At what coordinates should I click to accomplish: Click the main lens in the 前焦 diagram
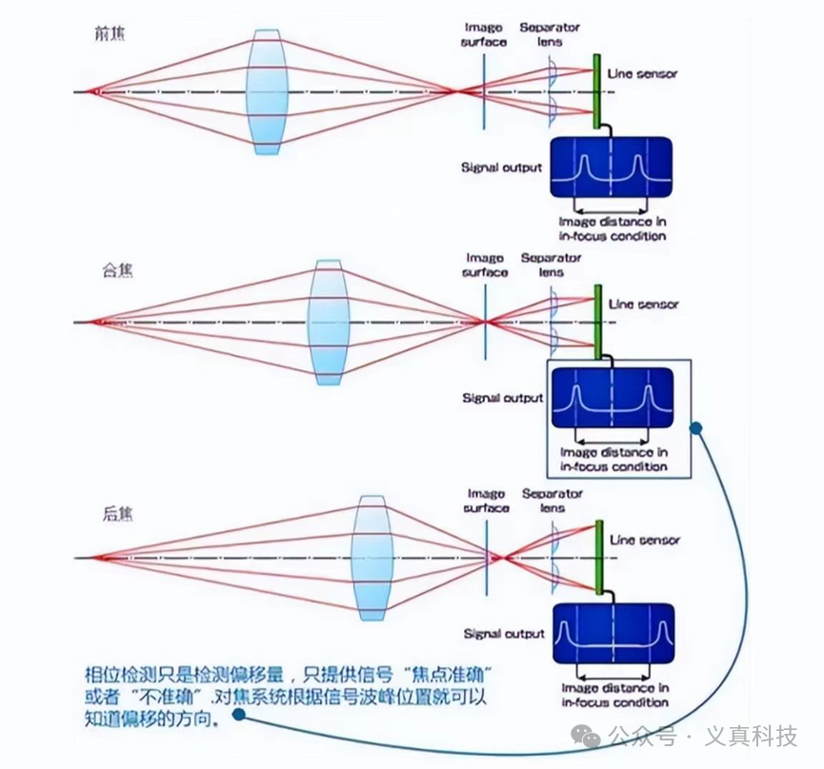pyautogui.click(x=267, y=91)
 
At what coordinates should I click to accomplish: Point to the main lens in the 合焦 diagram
pyautogui.click(x=328, y=322)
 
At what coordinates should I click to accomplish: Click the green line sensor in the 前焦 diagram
pyautogui.click(x=597, y=91)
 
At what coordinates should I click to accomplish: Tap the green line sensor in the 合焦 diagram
pyautogui.click(x=597, y=322)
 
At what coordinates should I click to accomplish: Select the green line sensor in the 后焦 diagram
pyautogui.click(x=602, y=557)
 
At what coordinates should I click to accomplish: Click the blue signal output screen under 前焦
pyautogui.click(x=610, y=168)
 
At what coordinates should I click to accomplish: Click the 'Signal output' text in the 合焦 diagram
pyautogui.click(x=501, y=398)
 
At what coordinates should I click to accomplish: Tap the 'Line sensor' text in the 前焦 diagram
pyautogui.click(x=643, y=73)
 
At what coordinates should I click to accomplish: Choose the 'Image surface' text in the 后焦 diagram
pyautogui.click(x=488, y=501)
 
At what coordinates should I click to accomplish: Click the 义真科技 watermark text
pyautogui.click(x=750, y=737)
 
